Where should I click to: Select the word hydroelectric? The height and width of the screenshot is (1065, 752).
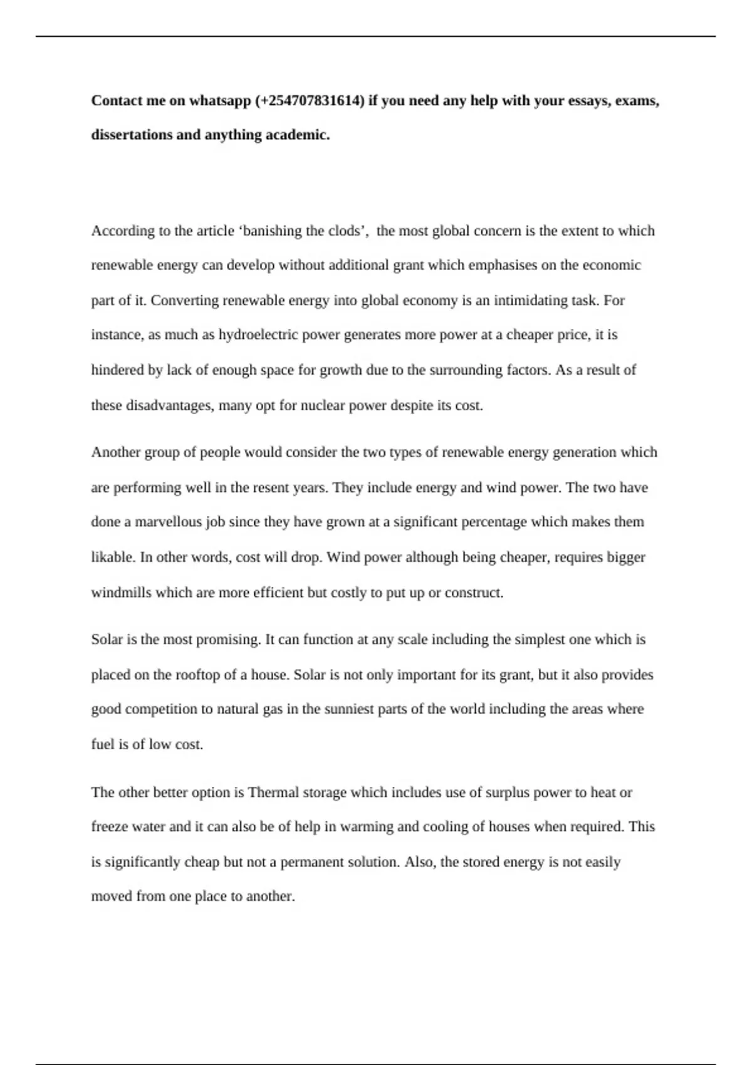[x=258, y=335]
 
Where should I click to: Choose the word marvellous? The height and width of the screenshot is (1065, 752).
[x=169, y=522]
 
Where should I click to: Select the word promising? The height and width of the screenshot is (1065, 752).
[x=227, y=640]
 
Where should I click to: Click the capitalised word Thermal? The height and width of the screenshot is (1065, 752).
[x=273, y=792]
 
